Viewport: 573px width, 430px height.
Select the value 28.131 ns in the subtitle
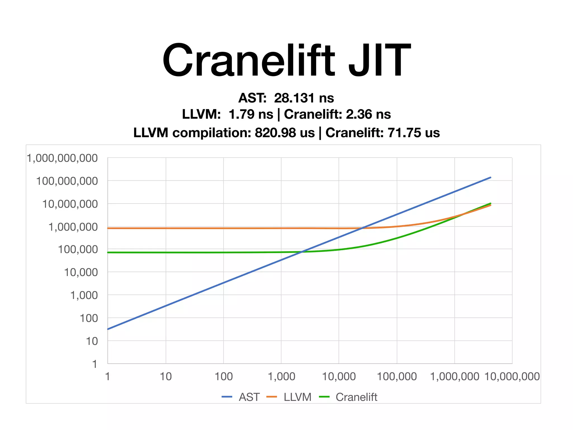tap(304, 98)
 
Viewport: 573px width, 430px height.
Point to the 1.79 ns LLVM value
tap(251, 114)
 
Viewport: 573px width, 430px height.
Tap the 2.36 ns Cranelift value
tap(368, 114)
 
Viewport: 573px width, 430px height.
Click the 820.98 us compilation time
tap(285, 133)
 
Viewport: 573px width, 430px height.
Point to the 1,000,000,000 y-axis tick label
tap(62, 158)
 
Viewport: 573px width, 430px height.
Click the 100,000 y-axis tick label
tap(78, 249)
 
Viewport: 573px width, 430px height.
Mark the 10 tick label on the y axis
tap(92, 341)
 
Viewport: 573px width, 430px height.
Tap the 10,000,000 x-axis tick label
tap(512, 377)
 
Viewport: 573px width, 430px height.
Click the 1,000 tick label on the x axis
tap(281, 377)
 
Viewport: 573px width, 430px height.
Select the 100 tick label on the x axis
tap(224, 377)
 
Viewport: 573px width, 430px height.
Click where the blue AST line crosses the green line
tap(301, 252)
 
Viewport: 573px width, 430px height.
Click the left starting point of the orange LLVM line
tap(108, 228)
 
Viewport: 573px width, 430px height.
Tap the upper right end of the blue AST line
tap(490, 177)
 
